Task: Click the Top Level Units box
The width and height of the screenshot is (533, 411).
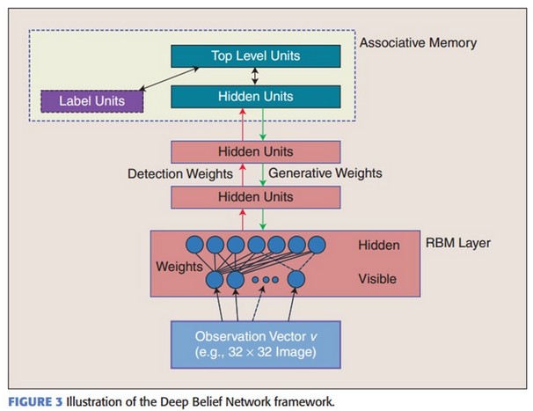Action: [x=256, y=56]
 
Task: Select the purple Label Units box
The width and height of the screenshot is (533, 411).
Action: [x=91, y=101]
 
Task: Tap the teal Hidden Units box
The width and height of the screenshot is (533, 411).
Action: [x=256, y=97]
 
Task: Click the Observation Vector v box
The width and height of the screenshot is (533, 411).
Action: [x=256, y=344]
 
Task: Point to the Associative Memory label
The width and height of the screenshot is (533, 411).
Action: [x=418, y=43]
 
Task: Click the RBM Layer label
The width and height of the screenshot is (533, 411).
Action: [x=458, y=243]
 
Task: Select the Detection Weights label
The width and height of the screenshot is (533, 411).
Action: [x=180, y=174]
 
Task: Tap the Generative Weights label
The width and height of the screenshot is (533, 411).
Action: [x=325, y=173]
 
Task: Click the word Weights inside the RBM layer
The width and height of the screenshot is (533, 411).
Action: [x=179, y=267]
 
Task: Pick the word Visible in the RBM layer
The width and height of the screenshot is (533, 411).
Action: [x=377, y=279]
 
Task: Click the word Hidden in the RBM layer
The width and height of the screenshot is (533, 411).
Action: [x=379, y=246]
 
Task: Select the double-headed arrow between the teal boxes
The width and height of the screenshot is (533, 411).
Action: [x=255, y=77]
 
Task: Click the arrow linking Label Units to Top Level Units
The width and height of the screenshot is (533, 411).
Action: [x=169, y=78]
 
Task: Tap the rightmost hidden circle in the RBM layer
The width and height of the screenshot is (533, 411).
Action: [x=317, y=245]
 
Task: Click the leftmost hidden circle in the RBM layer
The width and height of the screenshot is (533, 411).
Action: [x=194, y=245]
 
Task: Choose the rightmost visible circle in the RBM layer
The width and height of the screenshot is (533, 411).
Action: [x=296, y=280]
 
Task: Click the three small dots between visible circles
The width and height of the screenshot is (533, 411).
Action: [x=266, y=280]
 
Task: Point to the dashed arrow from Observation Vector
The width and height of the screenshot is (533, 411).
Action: [x=258, y=304]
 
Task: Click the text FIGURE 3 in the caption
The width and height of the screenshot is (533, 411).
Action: [x=36, y=402]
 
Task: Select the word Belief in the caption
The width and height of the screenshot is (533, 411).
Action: [x=208, y=402]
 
